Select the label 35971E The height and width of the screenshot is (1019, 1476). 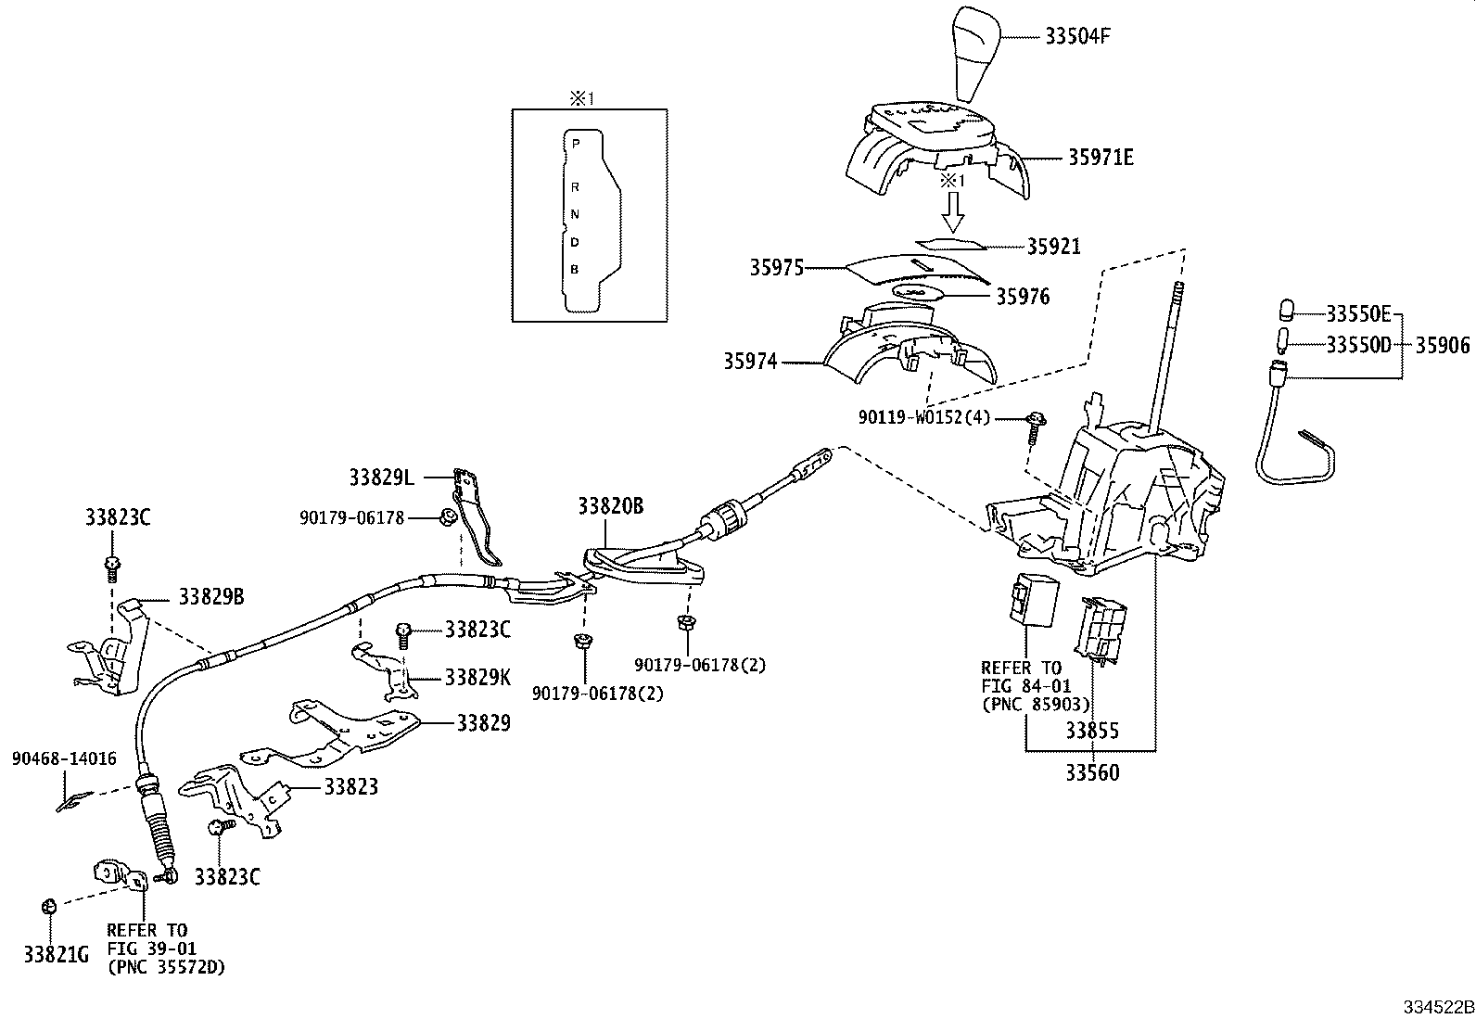(1101, 158)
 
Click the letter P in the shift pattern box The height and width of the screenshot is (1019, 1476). (576, 145)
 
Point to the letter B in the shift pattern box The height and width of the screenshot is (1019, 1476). (575, 270)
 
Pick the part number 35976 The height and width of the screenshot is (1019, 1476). (1023, 297)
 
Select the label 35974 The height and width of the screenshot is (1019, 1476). (750, 362)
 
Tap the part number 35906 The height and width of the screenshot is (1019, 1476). (1443, 346)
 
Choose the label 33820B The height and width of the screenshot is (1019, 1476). (610, 506)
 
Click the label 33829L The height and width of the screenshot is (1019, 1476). (381, 478)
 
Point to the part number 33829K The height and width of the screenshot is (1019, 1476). (477, 677)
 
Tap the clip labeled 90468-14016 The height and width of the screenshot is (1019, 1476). (70, 802)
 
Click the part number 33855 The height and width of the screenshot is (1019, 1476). (1091, 731)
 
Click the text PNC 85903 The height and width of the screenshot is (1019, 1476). (1036, 704)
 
